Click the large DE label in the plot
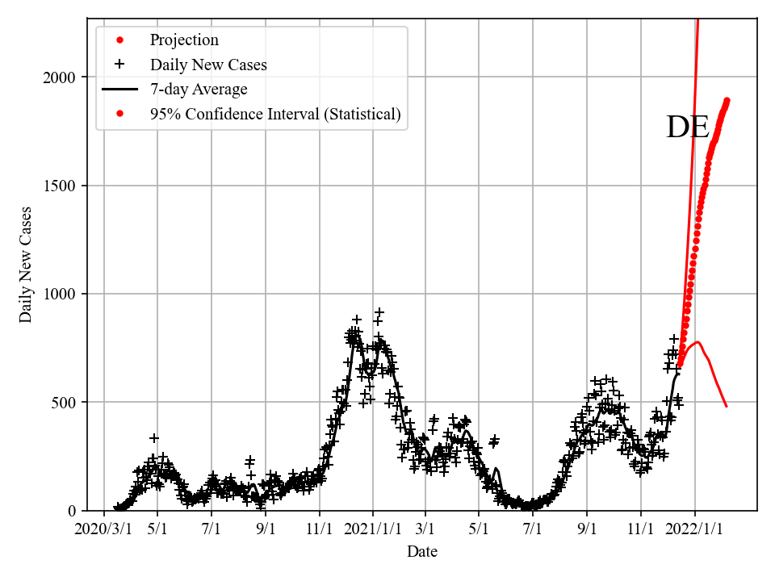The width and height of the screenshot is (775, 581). [687, 127]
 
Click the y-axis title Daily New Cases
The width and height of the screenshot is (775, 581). [27, 265]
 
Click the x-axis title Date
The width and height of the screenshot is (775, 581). [422, 552]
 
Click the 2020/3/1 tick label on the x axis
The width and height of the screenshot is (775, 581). [104, 530]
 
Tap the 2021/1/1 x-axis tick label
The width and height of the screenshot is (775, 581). [373, 530]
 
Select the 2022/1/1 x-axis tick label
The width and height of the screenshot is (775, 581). [695, 530]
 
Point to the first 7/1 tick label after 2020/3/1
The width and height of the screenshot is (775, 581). [212, 530]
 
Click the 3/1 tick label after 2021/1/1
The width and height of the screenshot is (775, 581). [425, 530]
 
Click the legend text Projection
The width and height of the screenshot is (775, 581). [184, 40]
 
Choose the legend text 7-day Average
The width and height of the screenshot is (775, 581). [199, 90]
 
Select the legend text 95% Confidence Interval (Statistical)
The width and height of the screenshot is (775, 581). [275, 115]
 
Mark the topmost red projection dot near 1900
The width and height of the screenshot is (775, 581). [727, 101]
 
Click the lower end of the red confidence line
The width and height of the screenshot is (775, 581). [727, 406]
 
